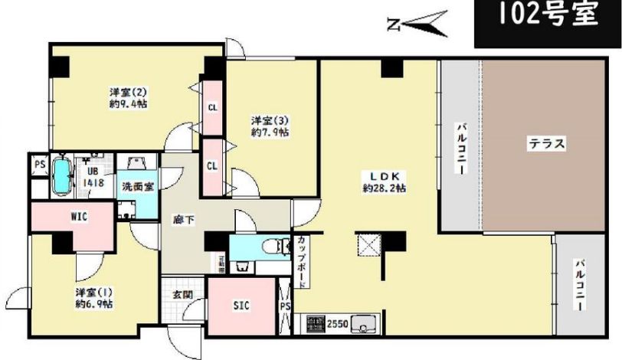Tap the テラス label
pos(546,142)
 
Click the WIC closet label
pos(79,217)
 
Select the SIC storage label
pos(242,304)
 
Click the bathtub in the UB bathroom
pos(61,178)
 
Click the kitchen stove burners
pos(315,323)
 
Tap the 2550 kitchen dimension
pos(338,324)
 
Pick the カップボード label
pos(304,261)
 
